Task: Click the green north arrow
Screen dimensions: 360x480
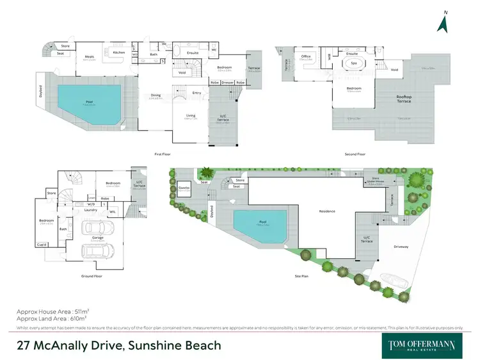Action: click(442, 22)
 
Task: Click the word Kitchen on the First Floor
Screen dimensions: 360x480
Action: click(119, 53)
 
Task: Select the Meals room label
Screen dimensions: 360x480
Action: click(90, 57)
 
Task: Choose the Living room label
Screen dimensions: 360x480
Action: click(191, 116)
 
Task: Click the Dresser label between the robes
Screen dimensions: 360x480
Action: click(227, 83)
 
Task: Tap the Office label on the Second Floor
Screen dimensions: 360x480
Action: click(306, 56)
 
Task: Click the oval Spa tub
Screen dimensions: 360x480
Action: click(353, 64)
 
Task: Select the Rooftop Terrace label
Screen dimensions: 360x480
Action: click(404, 99)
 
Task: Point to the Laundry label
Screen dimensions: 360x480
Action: click(90, 209)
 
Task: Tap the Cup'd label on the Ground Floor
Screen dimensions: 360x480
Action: click(42, 245)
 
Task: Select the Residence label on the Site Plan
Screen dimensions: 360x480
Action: click(327, 211)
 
